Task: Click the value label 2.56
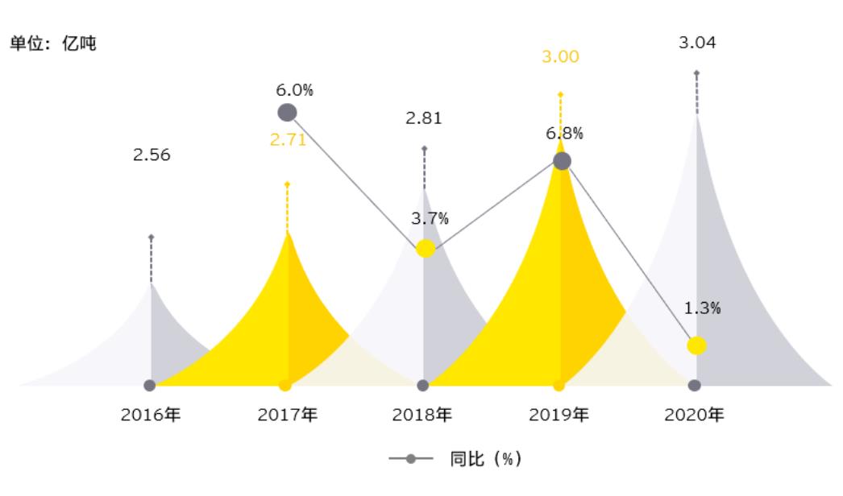[x=152, y=155]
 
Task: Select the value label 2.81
[x=424, y=118]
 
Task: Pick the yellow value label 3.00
[x=560, y=57]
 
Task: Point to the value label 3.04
[x=696, y=42]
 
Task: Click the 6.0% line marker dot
[x=287, y=113]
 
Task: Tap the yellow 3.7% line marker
[x=425, y=249]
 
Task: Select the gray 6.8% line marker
[x=562, y=161]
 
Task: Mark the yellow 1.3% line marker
[x=697, y=345]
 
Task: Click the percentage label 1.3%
[x=703, y=308]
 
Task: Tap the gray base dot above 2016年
[x=149, y=385]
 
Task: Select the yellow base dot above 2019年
[x=559, y=385]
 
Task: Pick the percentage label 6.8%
[x=565, y=134]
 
